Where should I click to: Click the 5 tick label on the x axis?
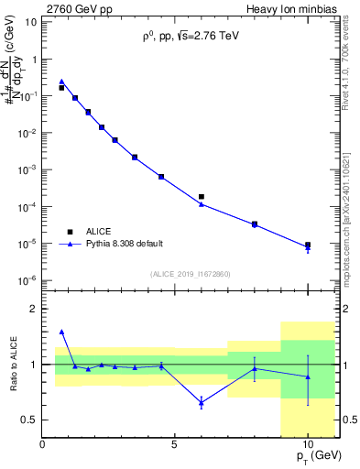175,444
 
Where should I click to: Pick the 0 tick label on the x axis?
43,444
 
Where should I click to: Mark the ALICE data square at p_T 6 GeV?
202,196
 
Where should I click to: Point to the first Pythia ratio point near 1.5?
61,332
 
